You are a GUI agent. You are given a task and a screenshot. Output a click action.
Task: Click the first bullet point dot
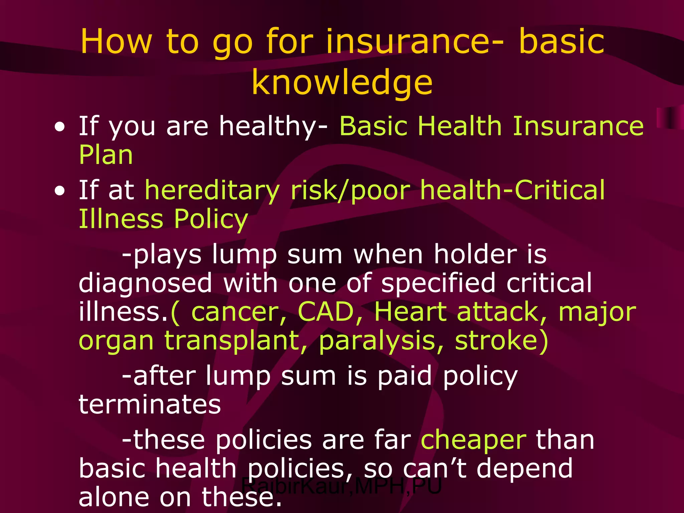pos(60,127)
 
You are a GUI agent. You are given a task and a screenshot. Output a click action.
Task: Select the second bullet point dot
pos(60,191)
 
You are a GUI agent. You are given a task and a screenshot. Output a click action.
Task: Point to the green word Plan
pos(106,155)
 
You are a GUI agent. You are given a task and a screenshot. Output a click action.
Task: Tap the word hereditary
pos(212,190)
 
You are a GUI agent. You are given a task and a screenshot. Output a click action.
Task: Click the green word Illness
pos(121,219)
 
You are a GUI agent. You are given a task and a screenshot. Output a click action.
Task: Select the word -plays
pos(162,255)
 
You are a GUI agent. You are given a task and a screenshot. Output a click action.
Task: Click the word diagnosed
pos(145,283)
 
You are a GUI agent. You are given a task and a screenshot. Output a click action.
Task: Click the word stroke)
pos(501,341)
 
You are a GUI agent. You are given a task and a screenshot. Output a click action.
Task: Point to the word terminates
pos(150,404)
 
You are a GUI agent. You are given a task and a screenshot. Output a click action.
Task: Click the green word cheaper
pos(473,440)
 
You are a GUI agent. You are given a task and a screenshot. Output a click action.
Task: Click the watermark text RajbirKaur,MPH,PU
pos(341,486)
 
